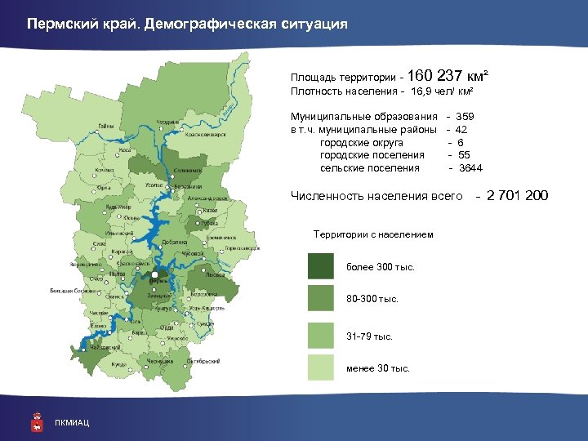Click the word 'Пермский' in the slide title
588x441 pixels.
(58, 24)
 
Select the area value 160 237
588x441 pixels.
(433, 76)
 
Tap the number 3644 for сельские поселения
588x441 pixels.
(470, 168)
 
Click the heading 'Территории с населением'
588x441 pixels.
(373, 235)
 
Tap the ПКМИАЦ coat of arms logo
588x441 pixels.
(35, 421)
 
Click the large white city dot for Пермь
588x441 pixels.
(154, 274)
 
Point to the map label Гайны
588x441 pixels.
(106, 127)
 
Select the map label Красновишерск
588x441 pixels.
(205, 134)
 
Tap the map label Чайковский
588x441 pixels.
(105, 347)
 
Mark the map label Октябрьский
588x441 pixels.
(200, 360)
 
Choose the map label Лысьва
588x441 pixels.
(215, 274)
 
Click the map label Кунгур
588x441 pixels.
(163, 309)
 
